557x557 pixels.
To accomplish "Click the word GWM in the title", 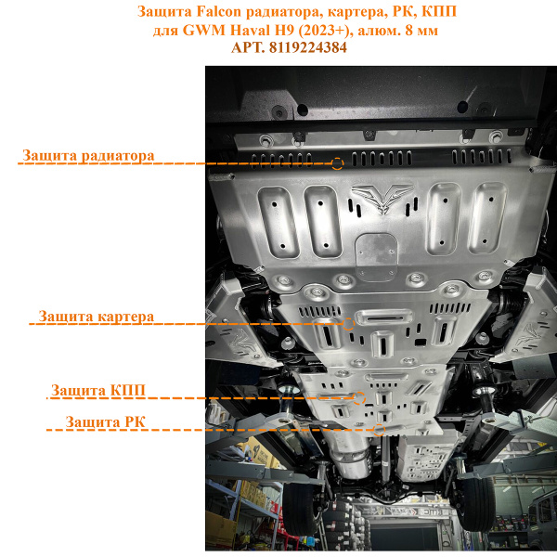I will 204,29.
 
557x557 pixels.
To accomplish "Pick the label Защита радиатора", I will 88,154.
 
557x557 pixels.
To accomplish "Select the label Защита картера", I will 96,317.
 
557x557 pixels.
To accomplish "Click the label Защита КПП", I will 98,389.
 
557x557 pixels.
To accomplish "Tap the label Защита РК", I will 105,422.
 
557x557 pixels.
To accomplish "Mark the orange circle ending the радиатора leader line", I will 337,163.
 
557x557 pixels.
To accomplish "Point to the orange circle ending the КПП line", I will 357,397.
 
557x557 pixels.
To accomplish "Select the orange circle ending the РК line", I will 379,431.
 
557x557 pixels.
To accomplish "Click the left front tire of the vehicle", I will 299,506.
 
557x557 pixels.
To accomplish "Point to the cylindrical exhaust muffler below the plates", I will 351,461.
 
